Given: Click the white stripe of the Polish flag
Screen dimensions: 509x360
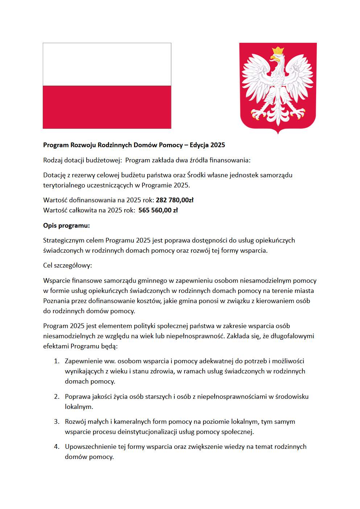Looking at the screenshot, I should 107,65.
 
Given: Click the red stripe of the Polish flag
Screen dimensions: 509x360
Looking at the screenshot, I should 107,107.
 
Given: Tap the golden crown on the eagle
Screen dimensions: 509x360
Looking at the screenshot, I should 278,50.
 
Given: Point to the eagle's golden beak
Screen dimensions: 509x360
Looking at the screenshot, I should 272,58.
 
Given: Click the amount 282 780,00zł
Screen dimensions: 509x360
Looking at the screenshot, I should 174,200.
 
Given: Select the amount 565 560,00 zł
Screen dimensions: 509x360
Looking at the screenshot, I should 158,210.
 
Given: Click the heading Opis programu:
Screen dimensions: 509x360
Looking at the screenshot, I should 66,225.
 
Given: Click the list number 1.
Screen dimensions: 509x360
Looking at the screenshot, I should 56,361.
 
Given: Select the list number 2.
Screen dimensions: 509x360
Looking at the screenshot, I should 57,397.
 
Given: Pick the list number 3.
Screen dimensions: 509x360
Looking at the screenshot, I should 57,422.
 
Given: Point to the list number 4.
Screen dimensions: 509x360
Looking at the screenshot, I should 57,447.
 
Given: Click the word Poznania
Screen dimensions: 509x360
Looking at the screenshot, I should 55,301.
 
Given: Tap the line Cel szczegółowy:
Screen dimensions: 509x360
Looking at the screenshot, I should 67,265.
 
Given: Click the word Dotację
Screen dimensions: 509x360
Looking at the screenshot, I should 54,175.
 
